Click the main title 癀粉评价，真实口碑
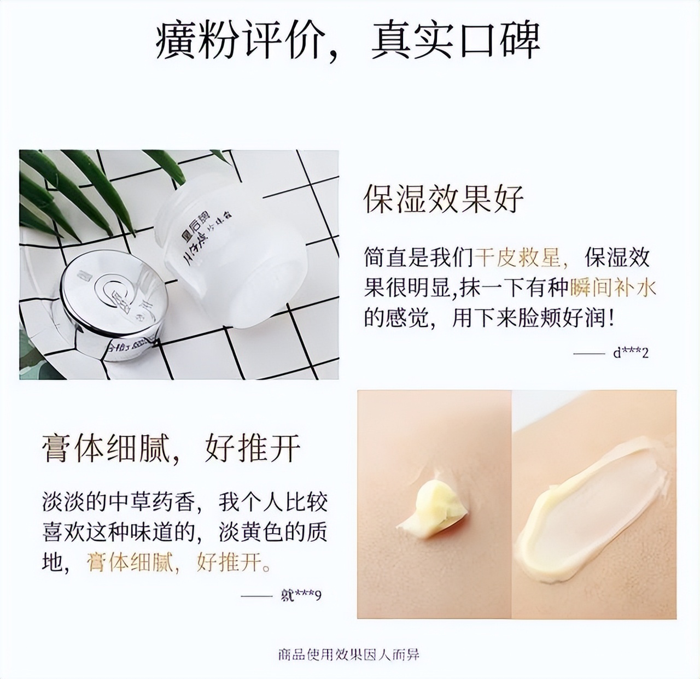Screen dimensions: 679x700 348,41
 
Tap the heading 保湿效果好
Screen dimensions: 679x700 444,198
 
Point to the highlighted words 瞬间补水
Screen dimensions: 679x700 612,287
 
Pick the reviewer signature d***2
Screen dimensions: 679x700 631,353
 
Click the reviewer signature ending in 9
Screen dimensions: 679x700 300,594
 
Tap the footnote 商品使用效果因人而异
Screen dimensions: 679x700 348,654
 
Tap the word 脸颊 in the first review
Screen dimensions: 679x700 547,317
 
